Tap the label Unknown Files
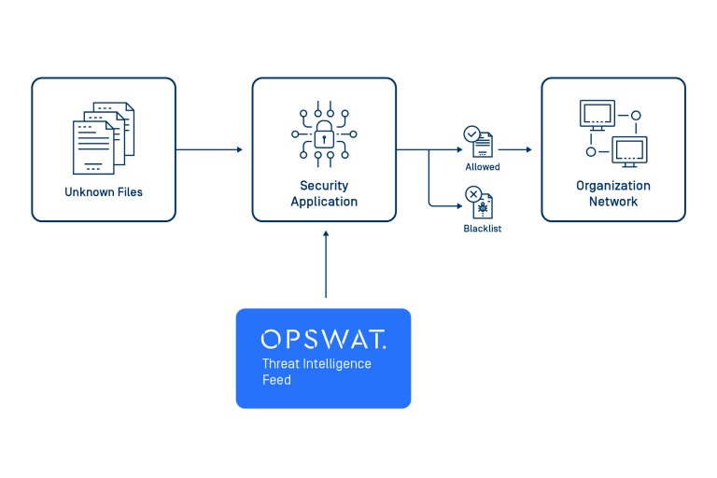tap(104, 192)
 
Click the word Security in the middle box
tap(324, 186)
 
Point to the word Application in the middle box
tap(324, 202)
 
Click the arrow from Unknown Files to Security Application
tap(209, 149)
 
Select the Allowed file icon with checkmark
tap(479, 143)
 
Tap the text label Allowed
tap(483, 168)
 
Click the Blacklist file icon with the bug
tap(479, 203)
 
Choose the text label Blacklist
tap(483, 229)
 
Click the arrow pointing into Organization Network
tap(515, 149)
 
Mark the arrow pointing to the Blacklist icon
tap(443, 203)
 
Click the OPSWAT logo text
tap(323, 339)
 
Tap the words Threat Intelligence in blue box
tap(316, 364)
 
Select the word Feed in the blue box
tap(276, 380)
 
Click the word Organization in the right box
tap(613, 186)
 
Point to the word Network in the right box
tap(613, 202)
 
